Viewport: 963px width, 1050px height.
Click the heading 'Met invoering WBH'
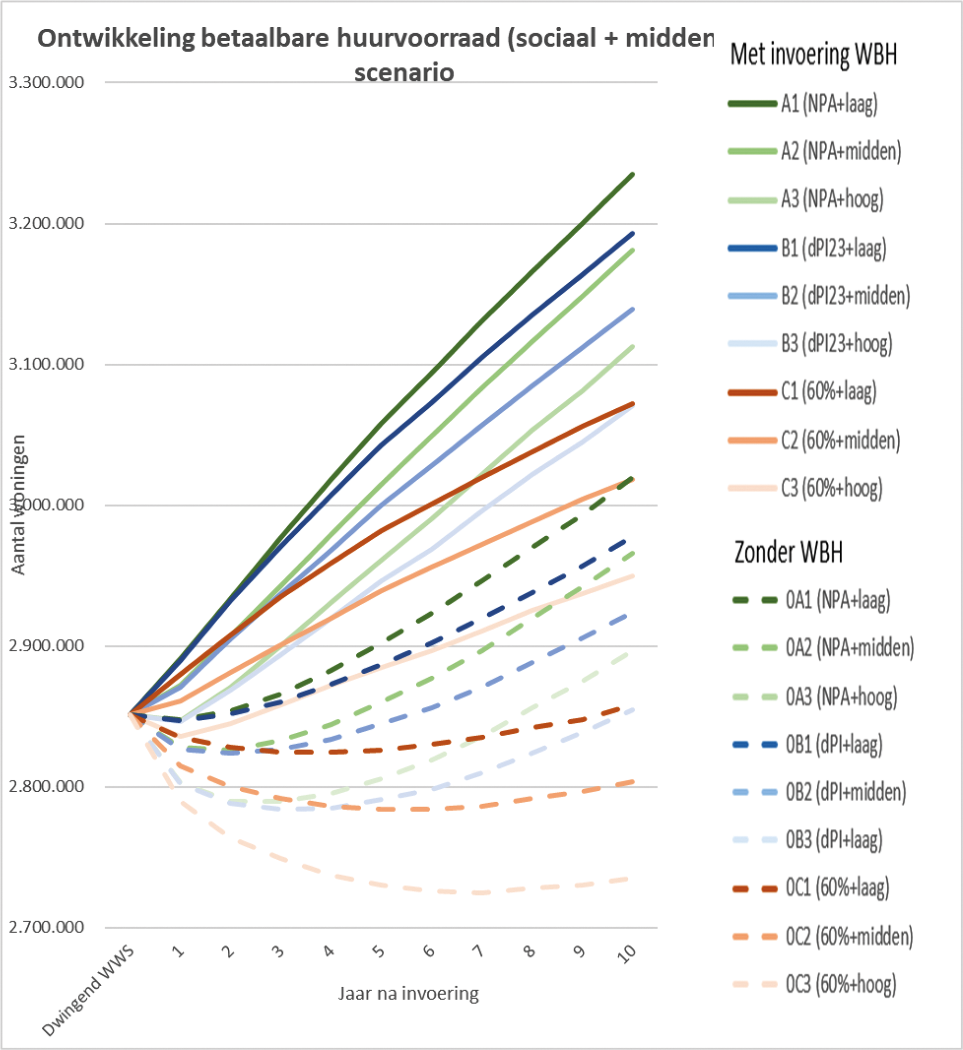[x=813, y=54]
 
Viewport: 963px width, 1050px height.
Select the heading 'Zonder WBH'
[x=788, y=552]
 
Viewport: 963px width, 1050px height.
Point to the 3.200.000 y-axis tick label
[x=47, y=223]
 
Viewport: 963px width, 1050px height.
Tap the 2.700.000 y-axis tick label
[x=47, y=927]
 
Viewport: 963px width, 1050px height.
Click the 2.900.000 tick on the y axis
[x=47, y=646]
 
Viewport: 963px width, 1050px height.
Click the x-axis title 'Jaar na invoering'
[x=409, y=994]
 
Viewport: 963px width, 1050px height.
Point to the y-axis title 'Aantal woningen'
[x=19, y=505]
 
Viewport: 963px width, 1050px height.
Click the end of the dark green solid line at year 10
[x=633, y=174]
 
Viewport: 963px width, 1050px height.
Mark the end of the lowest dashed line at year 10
[x=632, y=878]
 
